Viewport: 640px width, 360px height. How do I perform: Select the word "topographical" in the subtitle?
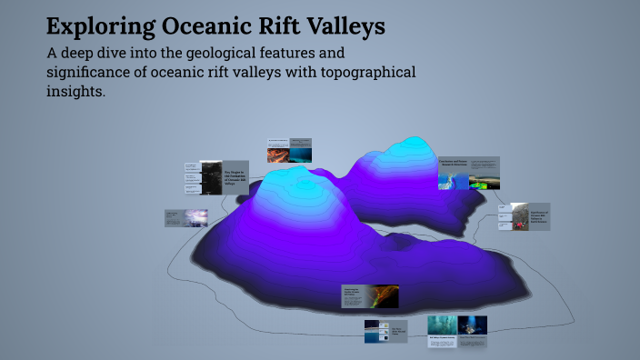point(361,73)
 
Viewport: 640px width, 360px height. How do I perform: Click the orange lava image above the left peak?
point(277,155)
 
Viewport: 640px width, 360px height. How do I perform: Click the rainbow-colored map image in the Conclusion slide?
point(449,179)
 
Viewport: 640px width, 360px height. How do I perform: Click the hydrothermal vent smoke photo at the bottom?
point(442,326)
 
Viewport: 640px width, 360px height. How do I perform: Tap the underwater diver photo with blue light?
point(472,325)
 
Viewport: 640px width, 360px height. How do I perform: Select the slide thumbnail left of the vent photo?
point(385,331)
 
